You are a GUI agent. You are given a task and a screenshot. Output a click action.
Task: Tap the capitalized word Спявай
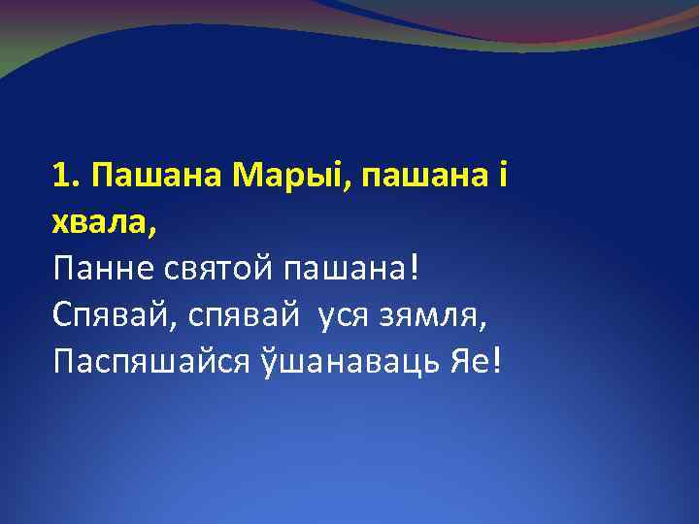pyautogui.click(x=107, y=315)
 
